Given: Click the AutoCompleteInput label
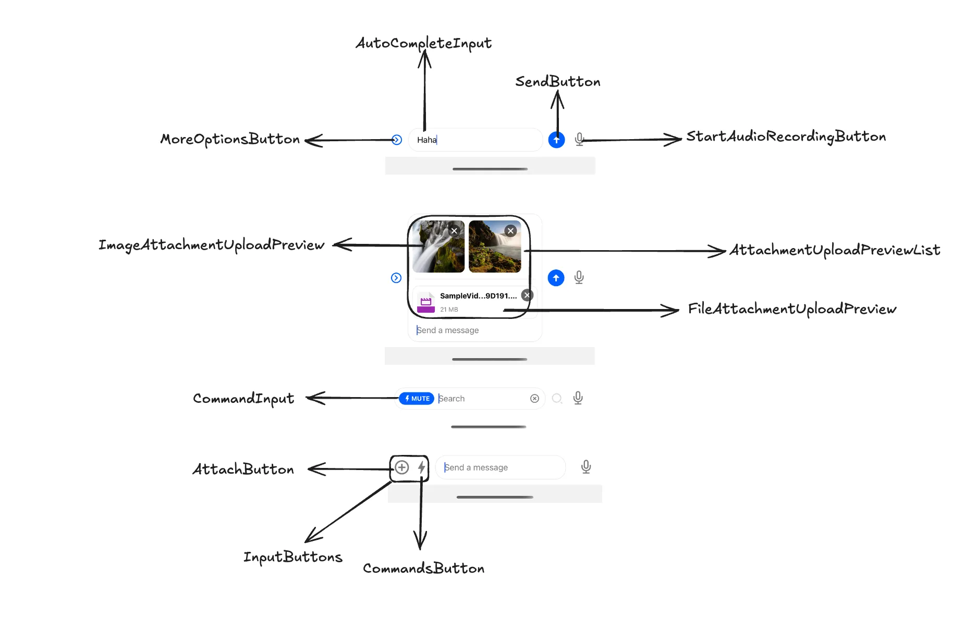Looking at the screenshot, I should click(423, 43).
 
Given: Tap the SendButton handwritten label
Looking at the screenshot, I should click(557, 82).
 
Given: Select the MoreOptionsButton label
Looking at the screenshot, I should click(230, 139).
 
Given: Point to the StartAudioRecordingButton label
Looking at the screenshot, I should click(786, 137).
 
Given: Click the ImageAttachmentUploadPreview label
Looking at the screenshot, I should click(211, 245).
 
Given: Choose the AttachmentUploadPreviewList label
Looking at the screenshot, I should click(834, 250).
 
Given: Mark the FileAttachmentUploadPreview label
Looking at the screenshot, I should click(791, 309).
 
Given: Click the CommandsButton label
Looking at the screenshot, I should click(423, 568).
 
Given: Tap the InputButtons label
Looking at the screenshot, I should click(292, 557).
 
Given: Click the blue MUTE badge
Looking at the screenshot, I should click(417, 399).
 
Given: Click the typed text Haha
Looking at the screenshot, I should click(426, 140).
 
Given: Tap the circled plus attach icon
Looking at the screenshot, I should click(401, 467).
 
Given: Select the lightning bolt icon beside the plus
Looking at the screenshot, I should click(421, 467).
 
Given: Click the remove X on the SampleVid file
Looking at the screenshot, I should click(527, 295).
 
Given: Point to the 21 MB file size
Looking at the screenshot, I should click(449, 310).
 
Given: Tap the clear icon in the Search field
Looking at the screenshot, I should click(534, 399).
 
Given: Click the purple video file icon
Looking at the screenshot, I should click(426, 304).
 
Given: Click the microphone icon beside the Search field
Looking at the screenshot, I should click(578, 399).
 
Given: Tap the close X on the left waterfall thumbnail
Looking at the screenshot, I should click(454, 231).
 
